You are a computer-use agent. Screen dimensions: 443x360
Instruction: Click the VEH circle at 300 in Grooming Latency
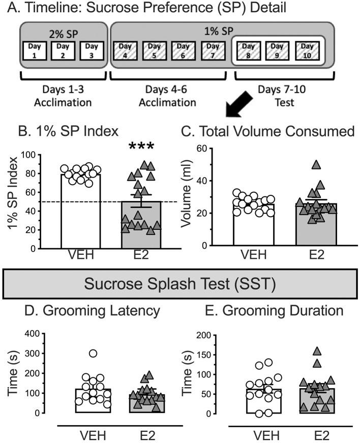click(79, 353)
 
